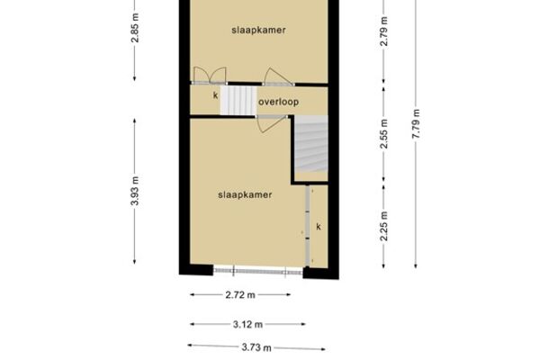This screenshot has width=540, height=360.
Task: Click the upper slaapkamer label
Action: coord(258,31)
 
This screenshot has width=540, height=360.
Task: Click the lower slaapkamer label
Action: coord(245,195)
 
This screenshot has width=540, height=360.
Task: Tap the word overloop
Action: coord(278,102)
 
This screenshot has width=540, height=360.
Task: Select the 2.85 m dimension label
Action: coord(135,28)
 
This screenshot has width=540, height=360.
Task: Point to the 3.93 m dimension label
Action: coord(135,191)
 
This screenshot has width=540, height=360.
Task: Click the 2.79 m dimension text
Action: coord(383,31)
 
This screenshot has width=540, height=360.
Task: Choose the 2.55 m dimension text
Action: coord(383,134)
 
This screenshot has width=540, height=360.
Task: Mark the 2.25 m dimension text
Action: coord(383,226)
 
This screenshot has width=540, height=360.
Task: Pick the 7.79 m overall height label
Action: coord(416,124)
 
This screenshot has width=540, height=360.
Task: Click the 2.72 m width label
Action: coord(240,295)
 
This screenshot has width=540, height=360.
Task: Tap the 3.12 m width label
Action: coord(248,325)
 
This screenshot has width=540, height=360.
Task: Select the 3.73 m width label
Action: coord(256,347)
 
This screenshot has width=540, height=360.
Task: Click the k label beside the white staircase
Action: coord(216,95)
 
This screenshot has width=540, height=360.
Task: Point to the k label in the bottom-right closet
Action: coord(319,227)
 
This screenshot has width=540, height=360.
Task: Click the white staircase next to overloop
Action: coord(238,101)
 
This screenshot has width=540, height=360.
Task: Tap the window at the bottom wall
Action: coord(258,271)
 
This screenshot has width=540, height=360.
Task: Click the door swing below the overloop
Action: coord(272,123)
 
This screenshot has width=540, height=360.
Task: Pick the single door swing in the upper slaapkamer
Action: coord(278,76)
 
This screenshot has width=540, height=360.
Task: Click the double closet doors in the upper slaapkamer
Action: coord(210,76)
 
